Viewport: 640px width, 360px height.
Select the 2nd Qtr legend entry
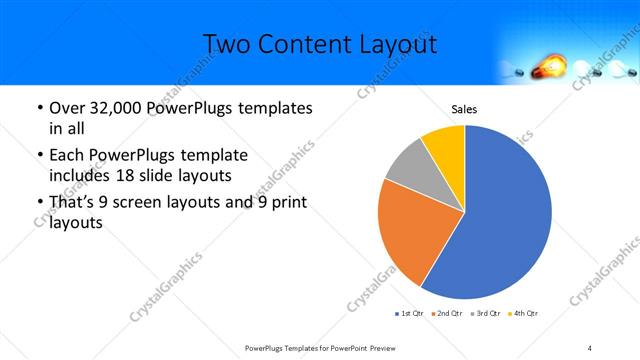(447, 314)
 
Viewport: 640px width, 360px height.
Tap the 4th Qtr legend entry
(524, 314)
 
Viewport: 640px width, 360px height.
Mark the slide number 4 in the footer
(589, 347)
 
